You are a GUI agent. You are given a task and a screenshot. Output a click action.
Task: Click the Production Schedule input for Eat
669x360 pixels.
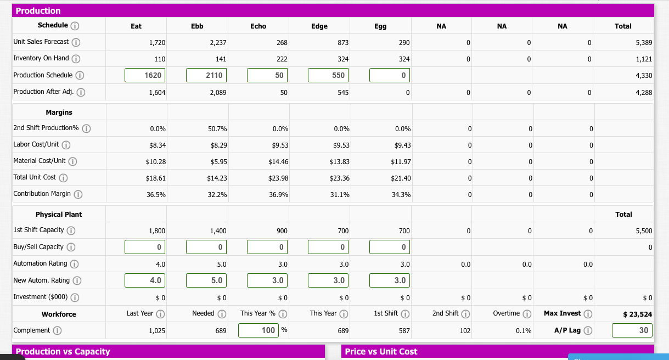click(145, 75)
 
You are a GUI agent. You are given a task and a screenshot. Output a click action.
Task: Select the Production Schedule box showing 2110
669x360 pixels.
click(206, 75)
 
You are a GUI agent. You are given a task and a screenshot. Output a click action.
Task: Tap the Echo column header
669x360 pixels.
click(258, 26)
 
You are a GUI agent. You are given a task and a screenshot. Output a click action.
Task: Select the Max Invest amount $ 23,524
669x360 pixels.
click(637, 314)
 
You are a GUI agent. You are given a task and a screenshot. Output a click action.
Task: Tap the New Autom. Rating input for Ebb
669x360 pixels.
click(206, 280)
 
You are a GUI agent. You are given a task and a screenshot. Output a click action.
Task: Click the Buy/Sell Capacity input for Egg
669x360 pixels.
click(389, 248)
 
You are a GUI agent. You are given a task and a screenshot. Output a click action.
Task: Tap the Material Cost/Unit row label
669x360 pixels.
click(39, 161)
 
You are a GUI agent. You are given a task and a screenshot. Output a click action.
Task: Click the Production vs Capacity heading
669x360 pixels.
click(63, 352)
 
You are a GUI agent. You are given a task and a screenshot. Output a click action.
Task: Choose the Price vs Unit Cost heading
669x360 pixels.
click(381, 352)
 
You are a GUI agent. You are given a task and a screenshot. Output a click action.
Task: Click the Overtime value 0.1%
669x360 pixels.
click(524, 331)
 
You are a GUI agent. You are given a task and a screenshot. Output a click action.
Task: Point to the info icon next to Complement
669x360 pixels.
click(57, 331)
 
